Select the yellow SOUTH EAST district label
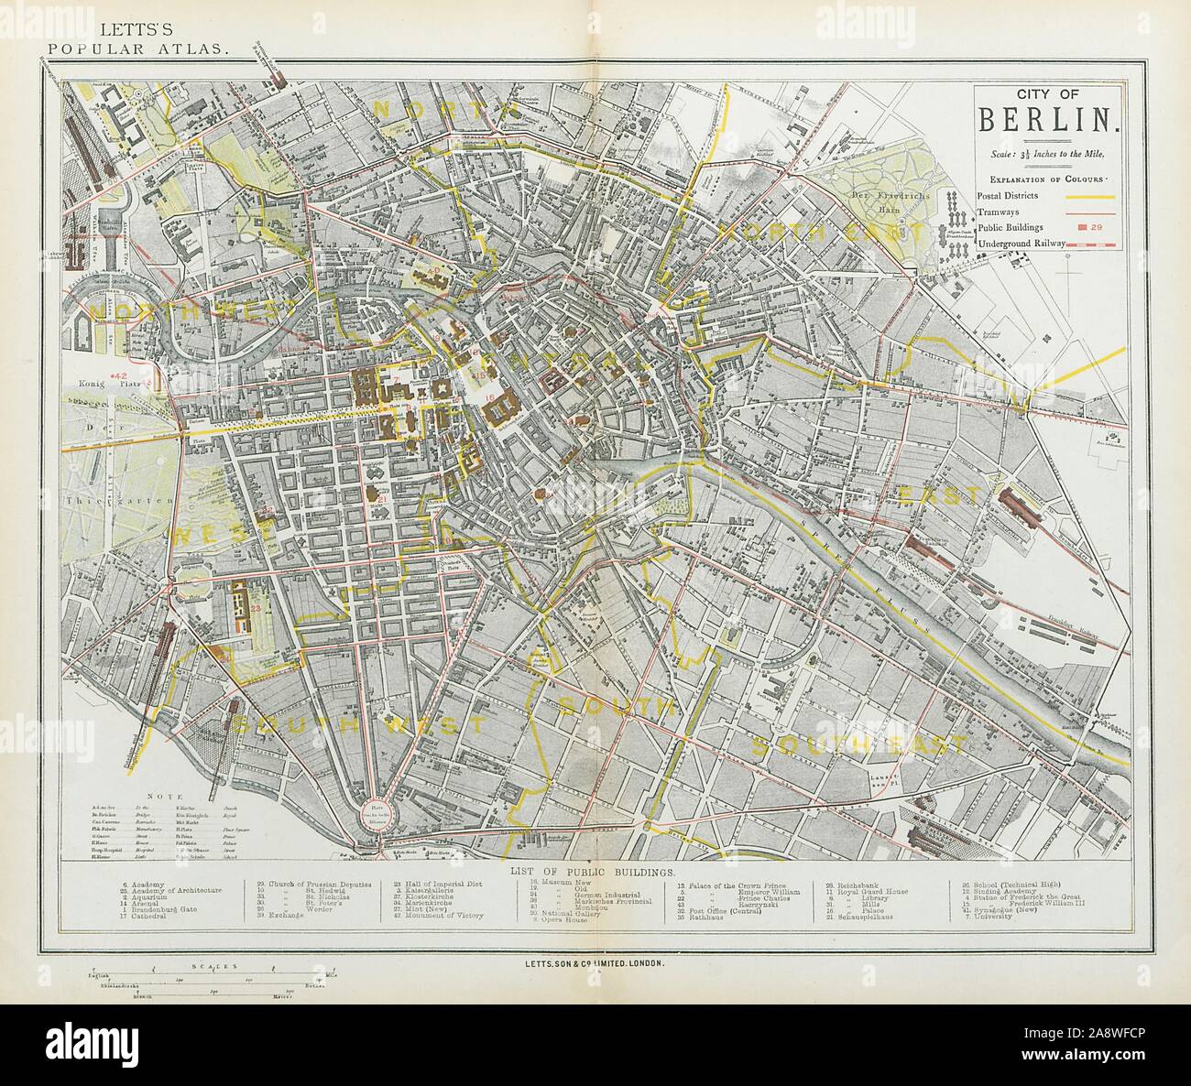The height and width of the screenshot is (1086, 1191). pyautogui.click(x=859, y=745)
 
